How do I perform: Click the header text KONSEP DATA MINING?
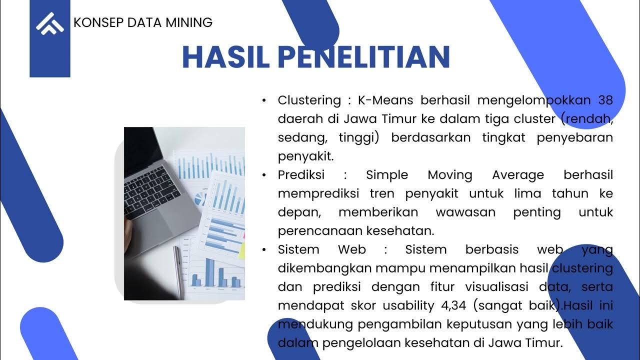143,22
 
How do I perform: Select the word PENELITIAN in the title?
364,57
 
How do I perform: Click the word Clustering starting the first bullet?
309,100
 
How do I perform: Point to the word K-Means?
385,100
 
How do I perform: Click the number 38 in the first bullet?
605,100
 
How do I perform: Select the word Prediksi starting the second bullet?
301,175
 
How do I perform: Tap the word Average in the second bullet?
517,175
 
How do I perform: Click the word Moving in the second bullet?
450,175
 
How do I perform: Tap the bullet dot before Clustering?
264,100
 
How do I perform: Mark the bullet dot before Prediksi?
264,175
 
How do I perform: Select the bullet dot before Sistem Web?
264,250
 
